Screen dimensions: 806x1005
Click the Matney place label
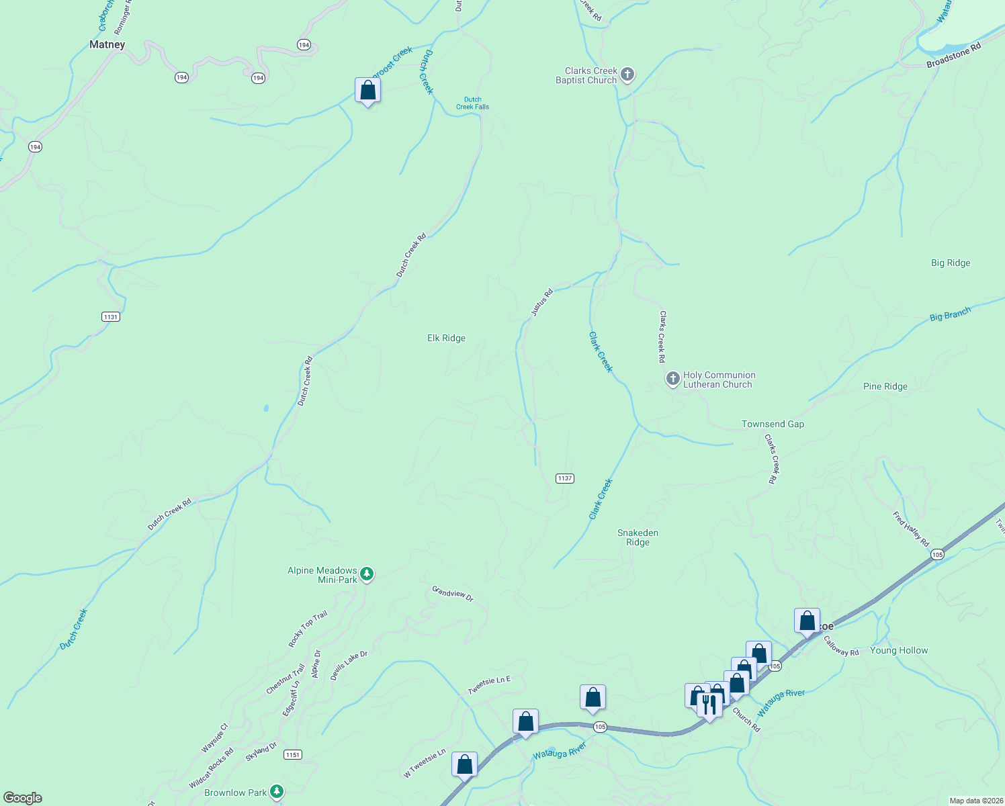107,44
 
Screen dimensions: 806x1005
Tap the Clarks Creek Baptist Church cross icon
627,75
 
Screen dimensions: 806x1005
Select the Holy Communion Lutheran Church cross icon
672,379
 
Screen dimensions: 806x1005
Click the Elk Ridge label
446,338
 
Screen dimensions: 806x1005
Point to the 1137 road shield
564,478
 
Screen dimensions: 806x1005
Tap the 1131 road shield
111,316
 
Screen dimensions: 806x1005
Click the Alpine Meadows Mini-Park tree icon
366,574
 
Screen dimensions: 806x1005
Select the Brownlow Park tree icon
276,791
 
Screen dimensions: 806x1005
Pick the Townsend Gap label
773,424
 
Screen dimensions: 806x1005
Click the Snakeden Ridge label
638,537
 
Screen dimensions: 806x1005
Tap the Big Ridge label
951,263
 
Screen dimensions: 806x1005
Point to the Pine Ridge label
885,386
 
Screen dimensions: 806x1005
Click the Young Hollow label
898,650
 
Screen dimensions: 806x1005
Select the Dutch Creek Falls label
472,103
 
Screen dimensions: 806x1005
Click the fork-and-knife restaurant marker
709,705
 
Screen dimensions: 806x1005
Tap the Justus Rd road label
541,302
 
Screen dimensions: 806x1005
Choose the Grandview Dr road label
453,593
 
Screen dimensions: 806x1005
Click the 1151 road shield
292,754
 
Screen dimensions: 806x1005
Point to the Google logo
23,797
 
